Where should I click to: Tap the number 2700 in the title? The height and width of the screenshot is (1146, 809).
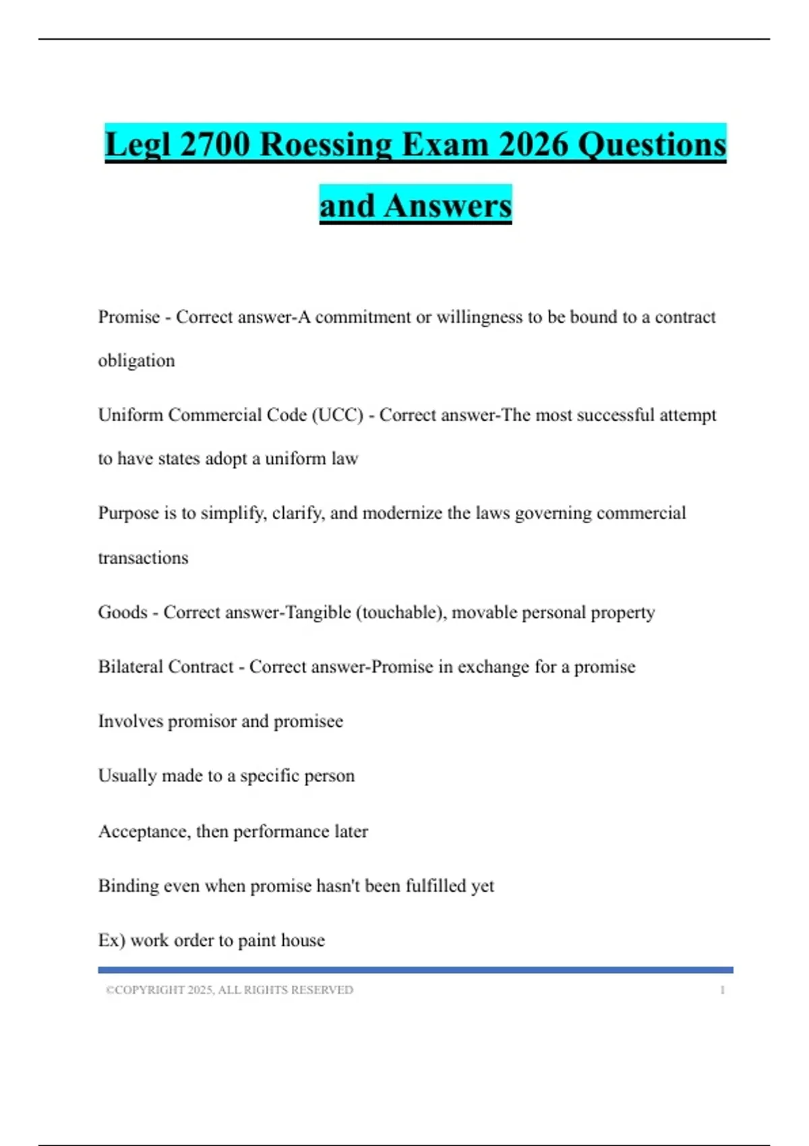point(214,144)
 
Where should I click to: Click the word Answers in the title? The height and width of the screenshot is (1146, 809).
point(448,206)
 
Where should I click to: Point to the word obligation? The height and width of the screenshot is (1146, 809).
point(136,361)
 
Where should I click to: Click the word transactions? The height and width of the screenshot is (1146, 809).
point(143,557)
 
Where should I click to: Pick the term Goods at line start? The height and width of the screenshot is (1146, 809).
point(122,612)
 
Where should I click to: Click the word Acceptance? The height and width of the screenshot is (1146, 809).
point(144,831)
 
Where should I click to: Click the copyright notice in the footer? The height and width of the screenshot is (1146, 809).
point(229,990)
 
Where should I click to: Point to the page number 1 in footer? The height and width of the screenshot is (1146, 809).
point(722,990)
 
